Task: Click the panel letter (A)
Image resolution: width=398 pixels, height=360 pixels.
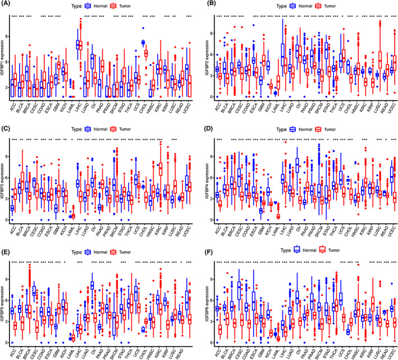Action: pyautogui.click(x=7, y=4)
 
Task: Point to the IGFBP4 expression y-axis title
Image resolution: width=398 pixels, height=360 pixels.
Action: pyautogui.click(x=203, y=179)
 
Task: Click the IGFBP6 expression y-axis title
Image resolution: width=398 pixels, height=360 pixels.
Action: pyautogui.click(x=203, y=300)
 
